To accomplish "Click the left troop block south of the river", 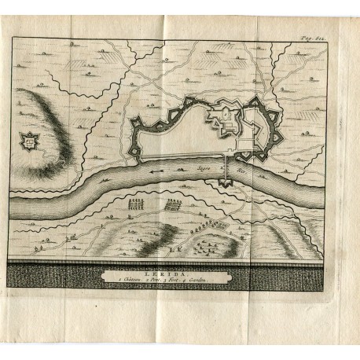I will pyautogui.click(x=138, y=206).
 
